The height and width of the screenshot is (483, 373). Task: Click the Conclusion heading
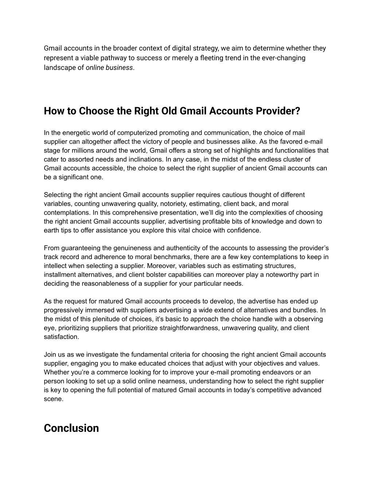pos(71,428)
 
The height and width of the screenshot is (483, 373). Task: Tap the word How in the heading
pos(52,111)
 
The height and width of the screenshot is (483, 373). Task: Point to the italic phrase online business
pos(109,68)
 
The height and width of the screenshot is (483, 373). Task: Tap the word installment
pos(59,275)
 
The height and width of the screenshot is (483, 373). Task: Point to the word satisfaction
pos(61,337)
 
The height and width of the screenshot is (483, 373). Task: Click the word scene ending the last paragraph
pos(53,399)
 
